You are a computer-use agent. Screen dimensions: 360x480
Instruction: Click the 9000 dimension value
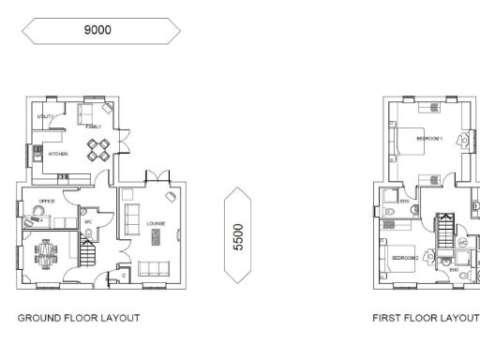tap(97, 30)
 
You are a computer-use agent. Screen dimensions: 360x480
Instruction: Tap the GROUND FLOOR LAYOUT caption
tap(79, 318)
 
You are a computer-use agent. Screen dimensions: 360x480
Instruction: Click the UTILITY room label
tap(43, 116)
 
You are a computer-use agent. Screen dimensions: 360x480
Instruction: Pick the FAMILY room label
tap(93, 126)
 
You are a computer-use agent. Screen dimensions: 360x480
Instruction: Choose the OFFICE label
tap(47, 201)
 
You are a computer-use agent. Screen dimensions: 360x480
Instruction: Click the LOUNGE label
tap(156, 222)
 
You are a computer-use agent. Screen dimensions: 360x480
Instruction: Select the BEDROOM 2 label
tap(404, 256)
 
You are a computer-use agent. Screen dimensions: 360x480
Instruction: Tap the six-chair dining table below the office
tap(47, 251)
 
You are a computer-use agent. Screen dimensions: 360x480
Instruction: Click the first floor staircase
tap(446, 229)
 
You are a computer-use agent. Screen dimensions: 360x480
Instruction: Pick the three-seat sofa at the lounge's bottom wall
tap(155, 269)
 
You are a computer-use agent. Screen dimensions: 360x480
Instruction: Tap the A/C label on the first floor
tap(461, 242)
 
